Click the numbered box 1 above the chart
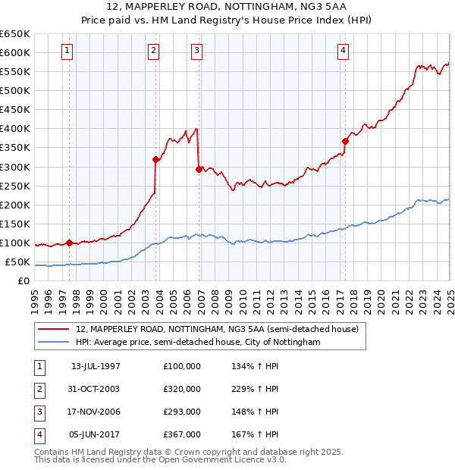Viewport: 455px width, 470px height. point(67,51)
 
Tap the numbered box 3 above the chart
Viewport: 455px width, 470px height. point(196,51)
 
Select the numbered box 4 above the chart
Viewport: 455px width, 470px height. point(344,51)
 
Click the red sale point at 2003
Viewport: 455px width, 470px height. point(155,159)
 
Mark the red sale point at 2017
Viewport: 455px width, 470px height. point(345,141)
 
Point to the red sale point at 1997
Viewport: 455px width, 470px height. point(69,243)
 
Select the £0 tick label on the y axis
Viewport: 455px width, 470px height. point(24,281)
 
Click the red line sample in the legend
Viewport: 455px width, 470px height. point(55,328)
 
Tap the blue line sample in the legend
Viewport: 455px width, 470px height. point(55,342)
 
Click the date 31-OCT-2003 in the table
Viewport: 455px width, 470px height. point(96,389)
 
